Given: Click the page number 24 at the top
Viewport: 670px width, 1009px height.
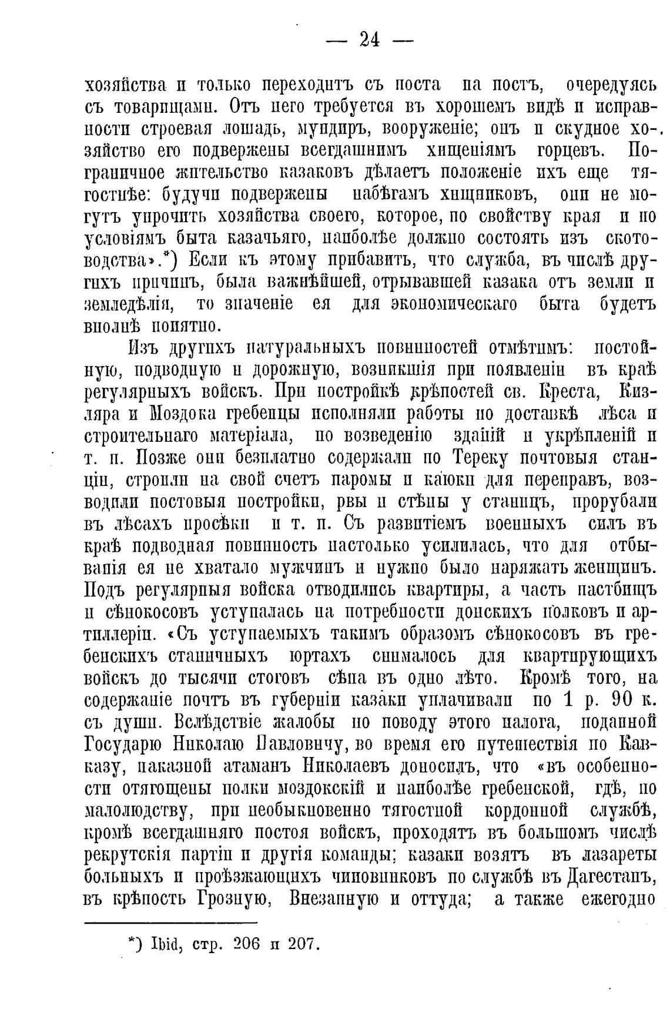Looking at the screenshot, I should (x=370, y=40).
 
